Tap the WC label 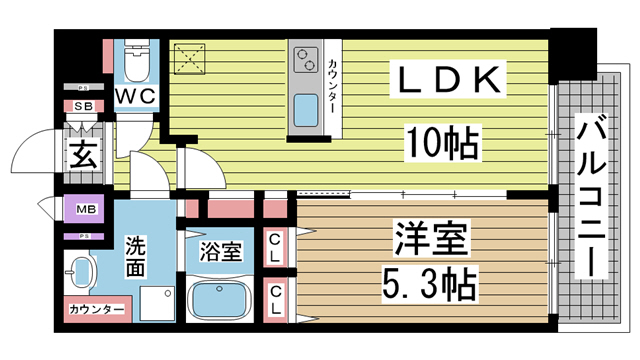(x=134, y=95)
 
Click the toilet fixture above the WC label (x=136, y=61)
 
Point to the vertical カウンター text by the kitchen (x=332, y=91)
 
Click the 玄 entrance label (x=81, y=155)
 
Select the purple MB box (x=84, y=210)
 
